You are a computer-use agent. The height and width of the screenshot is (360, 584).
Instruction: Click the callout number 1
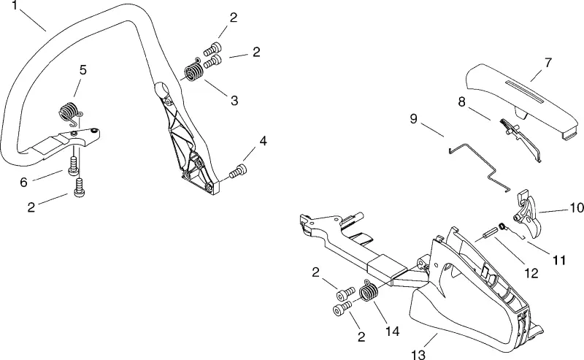click(x=14, y=5)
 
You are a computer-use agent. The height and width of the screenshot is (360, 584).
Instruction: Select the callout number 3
click(x=234, y=100)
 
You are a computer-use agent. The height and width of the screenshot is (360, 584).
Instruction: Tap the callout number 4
click(x=263, y=141)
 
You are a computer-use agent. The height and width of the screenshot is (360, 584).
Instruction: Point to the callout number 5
click(x=82, y=69)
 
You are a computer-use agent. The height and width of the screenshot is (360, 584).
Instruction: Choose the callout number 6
click(x=24, y=183)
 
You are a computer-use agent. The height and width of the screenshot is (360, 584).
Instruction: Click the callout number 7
click(x=548, y=63)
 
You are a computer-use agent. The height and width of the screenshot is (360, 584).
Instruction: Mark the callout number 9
click(x=413, y=119)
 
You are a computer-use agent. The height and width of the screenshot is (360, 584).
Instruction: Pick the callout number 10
click(x=577, y=207)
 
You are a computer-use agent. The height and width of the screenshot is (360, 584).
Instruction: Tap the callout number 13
click(x=418, y=354)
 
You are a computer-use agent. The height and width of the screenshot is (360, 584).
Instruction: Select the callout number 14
click(x=393, y=331)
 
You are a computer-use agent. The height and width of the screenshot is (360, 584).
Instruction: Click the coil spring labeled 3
click(x=194, y=72)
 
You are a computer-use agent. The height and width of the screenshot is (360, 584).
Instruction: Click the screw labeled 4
click(x=238, y=172)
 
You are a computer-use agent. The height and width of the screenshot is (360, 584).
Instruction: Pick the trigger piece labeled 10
click(x=528, y=214)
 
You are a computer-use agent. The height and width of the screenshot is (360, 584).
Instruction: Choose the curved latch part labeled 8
click(x=520, y=139)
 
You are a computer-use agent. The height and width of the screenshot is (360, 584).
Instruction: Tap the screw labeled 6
click(x=74, y=166)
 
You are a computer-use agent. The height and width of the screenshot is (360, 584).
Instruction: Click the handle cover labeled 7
click(x=523, y=101)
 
